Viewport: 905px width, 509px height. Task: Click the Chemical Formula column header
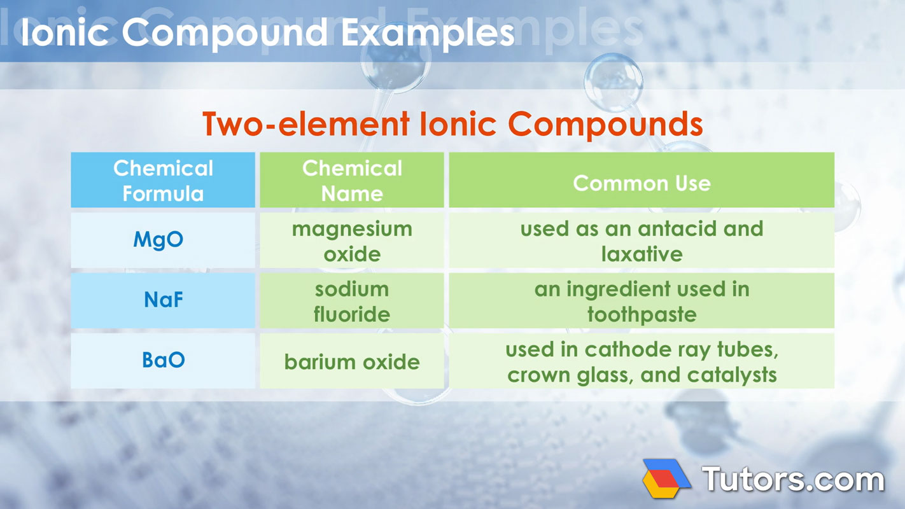click(163, 181)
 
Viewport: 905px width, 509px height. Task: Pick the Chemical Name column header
click(352, 181)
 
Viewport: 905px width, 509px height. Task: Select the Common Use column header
click(642, 183)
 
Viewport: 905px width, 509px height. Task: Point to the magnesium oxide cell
click(352, 241)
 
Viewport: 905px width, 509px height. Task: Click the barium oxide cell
click(352, 362)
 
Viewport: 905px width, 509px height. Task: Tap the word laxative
click(642, 254)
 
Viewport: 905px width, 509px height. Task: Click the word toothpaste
click(642, 314)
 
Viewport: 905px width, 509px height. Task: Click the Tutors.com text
click(792, 479)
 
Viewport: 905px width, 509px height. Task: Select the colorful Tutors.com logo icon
click(666, 478)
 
